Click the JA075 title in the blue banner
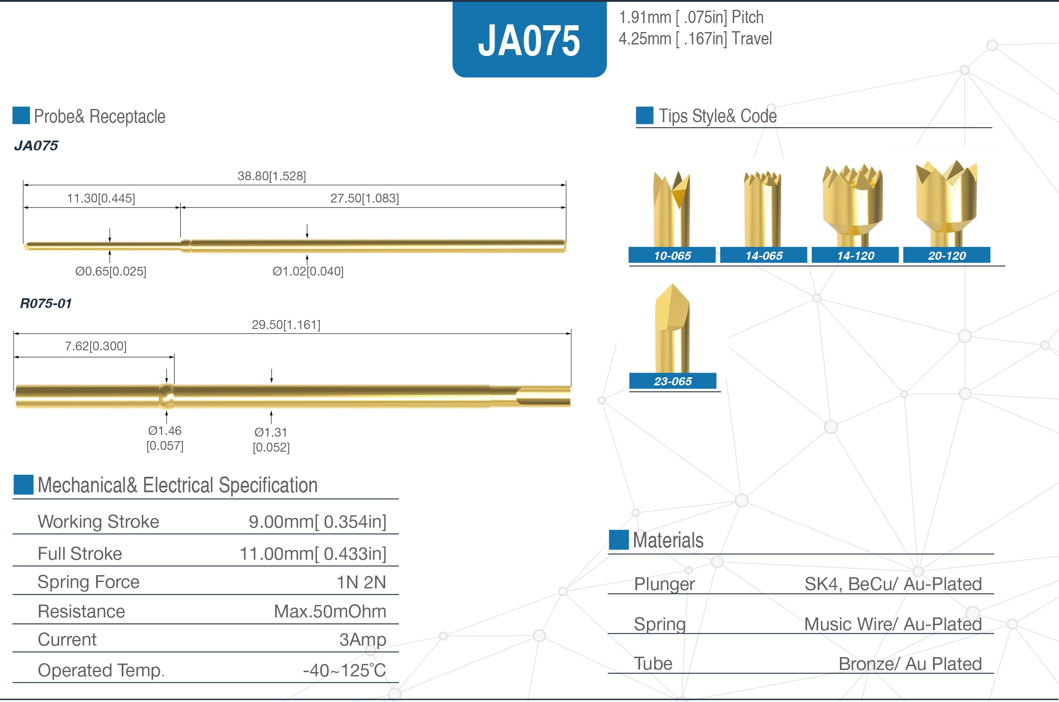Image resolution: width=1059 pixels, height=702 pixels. pyautogui.click(x=529, y=41)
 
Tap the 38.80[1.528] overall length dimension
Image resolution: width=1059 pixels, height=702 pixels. pyautogui.click(x=272, y=176)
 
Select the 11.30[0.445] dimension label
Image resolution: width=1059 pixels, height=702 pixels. pyautogui.click(x=101, y=198)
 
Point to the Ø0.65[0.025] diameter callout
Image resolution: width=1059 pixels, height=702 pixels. pyautogui.click(x=111, y=271)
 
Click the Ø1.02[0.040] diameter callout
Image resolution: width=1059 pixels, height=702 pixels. pyautogui.click(x=308, y=271)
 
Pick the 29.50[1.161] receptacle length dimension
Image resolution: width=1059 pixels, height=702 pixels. pyautogui.click(x=286, y=325)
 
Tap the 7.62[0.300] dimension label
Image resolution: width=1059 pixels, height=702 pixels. pyautogui.click(x=96, y=346)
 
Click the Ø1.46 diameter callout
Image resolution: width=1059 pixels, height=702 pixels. pyautogui.click(x=165, y=431)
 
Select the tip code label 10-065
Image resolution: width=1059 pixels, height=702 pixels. pyautogui.click(x=672, y=255)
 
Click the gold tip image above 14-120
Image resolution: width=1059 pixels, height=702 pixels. pyautogui.click(x=853, y=202)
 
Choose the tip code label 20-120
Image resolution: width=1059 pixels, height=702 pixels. pyautogui.click(x=947, y=255)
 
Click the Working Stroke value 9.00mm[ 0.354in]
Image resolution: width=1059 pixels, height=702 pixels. pyautogui.click(x=317, y=522)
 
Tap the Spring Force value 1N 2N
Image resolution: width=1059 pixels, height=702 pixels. pyautogui.click(x=361, y=582)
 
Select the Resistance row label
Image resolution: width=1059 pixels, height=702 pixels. pyautogui.click(x=82, y=611)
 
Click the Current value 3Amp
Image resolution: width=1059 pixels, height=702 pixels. pyautogui.click(x=363, y=639)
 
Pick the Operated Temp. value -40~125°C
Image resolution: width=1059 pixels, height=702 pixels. pyautogui.click(x=344, y=670)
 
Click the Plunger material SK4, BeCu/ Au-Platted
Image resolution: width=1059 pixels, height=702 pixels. pyautogui.click(x=892, y=584)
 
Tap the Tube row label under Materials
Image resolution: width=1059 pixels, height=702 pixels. pyautogui.click(x=653, y=664)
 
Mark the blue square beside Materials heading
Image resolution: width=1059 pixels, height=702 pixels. pyautogui.click(x=619, y=540)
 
